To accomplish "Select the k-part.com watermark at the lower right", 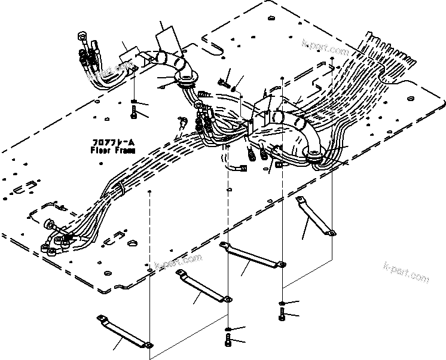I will (x=406, y=277).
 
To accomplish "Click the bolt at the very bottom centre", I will (x=228, y=341).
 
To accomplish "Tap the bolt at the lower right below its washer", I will (x=281, y=313).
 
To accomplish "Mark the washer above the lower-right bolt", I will (x=281, y=302).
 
